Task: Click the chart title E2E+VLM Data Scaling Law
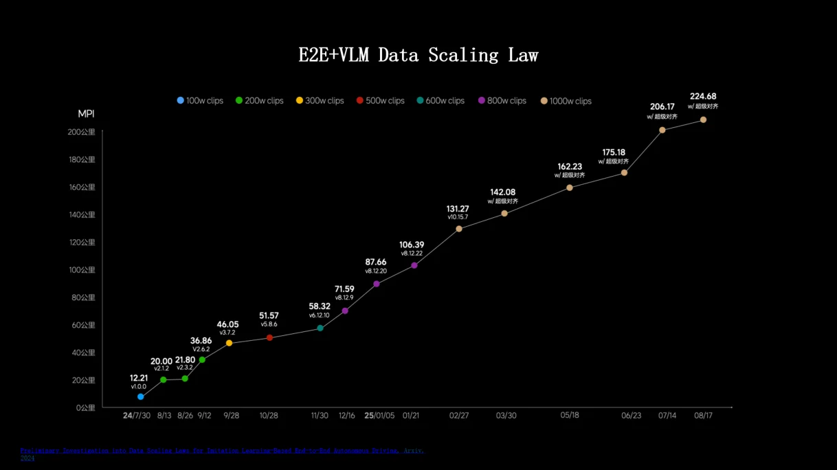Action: click(418, 55)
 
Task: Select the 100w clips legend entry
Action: click(200, 100)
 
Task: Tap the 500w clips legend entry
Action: click(380, 100)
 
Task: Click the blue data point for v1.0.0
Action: click(141, 396)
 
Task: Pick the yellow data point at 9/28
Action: click(229, 343)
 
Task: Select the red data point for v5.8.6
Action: click(269, 337)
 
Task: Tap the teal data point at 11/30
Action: click(320, 328)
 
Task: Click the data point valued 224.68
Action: click(703, 120)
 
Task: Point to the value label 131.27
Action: click(458, 209)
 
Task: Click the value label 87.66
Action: click(376, 262)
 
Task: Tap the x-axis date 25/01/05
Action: click(380, 416)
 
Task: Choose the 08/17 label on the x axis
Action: click(703, 416)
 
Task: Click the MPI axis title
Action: click(86, 113)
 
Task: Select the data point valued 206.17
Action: click(662, 130)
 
